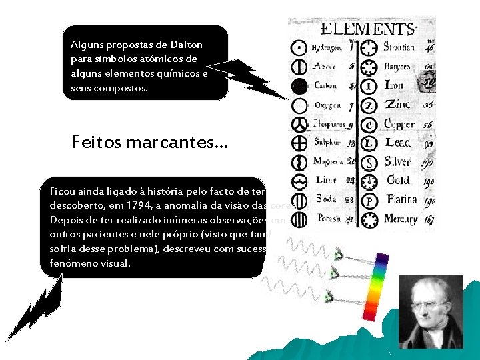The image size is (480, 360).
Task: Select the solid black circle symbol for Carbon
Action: click(x=300, y=85)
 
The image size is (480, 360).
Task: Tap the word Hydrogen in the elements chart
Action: click(x=327, y=48)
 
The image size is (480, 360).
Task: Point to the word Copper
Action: click(x=399, y=124)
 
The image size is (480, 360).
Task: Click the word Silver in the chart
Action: click(x=397, y=162)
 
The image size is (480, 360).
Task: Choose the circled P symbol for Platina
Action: click(x=371, y=200)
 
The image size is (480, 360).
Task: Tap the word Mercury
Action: click(x=401, y=219)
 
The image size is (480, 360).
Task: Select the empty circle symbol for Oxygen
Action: click(x=300, y=105)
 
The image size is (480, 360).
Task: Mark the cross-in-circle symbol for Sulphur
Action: click(x=300, y=143)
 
